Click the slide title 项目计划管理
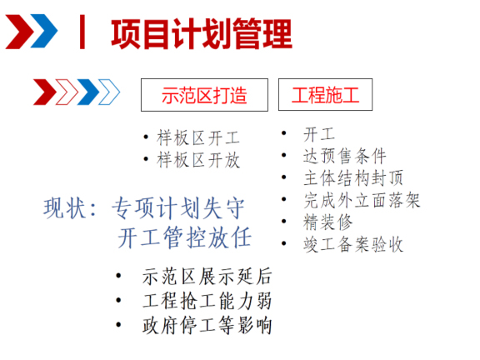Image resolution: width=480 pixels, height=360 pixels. click(201, 34)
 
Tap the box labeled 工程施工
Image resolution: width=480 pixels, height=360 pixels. click(326, 95)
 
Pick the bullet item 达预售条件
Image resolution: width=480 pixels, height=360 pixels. click(345, 156)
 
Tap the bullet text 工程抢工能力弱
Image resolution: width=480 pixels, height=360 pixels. click(207, 301)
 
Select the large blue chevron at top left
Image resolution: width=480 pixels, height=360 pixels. click(45, 33)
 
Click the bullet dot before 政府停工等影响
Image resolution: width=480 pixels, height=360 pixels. click(122, 324)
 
